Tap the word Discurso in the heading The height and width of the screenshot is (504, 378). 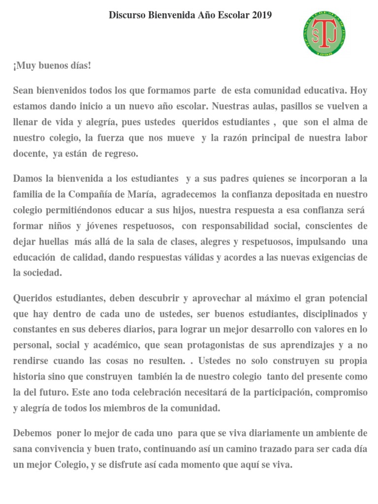point(125,15)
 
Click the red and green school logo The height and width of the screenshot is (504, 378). point(323,34)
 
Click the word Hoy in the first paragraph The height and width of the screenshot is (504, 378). point(358,91)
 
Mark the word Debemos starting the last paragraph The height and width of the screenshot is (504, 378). point(31,433)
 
